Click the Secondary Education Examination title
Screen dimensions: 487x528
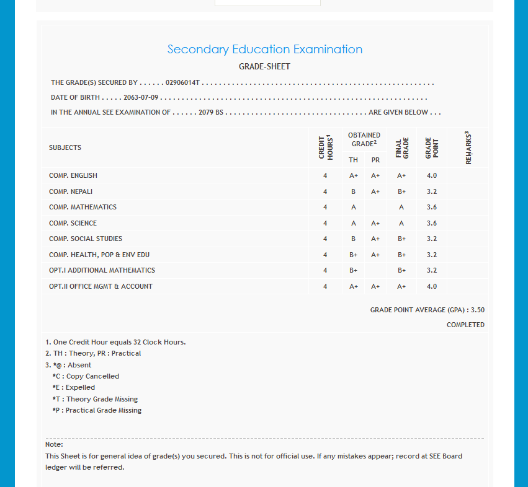pos(265,50)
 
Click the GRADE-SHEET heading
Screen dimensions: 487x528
pos(264,67)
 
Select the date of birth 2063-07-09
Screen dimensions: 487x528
pos(141,98)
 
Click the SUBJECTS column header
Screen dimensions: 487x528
pos(65,147)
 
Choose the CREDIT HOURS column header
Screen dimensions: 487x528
pos(326,147)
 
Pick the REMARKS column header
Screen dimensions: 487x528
pos(468,147)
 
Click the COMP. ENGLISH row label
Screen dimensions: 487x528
pos(73,176)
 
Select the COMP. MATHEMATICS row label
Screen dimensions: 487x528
pos(83,207)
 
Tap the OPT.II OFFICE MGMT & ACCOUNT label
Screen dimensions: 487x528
pos(101,286)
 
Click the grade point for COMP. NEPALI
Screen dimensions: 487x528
pos(432,191)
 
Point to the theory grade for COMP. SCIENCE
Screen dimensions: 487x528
pos(353,223)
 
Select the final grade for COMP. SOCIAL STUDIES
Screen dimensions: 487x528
pos(401,239)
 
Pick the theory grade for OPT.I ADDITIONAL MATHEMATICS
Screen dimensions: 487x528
pos(353,270)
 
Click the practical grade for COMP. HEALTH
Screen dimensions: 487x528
pos(375,255)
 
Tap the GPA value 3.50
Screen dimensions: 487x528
pos(478,310)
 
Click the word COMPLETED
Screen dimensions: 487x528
pos(465,325)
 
